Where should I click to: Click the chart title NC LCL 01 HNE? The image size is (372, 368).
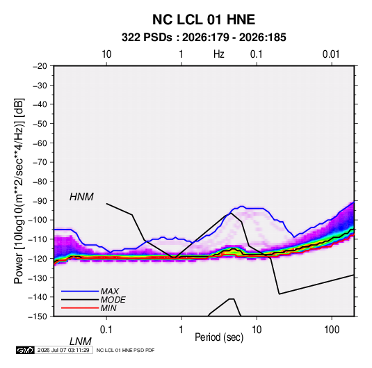click(204, 19)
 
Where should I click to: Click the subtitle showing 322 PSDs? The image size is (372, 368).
click(204, 38)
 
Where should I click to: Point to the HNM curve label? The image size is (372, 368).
click(81, 197)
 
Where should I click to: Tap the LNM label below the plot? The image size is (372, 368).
click(80, 342)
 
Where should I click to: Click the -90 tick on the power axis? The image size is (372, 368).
click(40, 201)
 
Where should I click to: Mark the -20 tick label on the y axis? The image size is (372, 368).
click(40, 66)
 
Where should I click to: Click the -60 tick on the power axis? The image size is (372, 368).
click(40, 143)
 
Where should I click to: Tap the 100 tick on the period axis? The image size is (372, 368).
click(332, 330)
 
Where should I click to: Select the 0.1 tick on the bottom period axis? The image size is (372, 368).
click(106, 330)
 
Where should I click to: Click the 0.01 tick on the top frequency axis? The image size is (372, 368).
click(331, 54)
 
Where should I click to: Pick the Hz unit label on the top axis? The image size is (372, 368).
click(219, 54)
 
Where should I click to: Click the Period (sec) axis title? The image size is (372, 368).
click(219, 337)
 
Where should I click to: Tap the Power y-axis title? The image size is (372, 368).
click(19, 191)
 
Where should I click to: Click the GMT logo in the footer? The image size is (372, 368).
click(26, 350)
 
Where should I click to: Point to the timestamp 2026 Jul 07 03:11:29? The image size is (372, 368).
click(63, 350)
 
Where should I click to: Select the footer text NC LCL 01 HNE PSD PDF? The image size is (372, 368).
click(125, 350)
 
